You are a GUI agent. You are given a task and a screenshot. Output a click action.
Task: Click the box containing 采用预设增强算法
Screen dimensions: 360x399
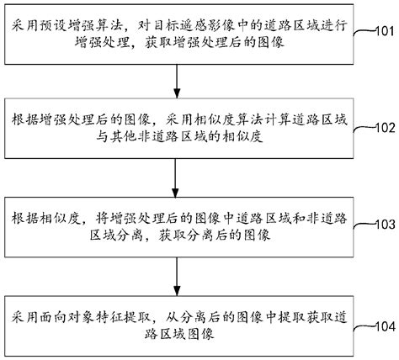pos(177,31)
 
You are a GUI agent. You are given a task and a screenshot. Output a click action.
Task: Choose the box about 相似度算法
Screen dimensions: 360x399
pos(177,127)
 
